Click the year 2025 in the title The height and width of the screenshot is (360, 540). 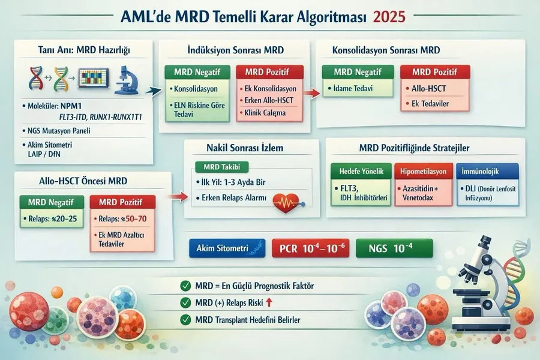pos(389,17)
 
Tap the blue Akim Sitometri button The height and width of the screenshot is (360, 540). pos(227,248)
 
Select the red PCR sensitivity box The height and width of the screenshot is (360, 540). pos(311,248)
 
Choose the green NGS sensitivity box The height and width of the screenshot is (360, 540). pos(394,248)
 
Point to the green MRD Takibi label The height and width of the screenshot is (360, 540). pos(222,167)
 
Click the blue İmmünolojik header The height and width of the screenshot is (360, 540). pos(488,171)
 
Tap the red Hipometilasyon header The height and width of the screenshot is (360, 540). pos(423,171)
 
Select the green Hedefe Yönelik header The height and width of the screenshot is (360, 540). pos(361,171)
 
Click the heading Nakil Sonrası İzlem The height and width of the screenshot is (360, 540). pos(245,148)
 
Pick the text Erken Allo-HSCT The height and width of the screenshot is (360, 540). pos(269,101)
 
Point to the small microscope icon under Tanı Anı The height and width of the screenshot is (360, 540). pos(127,80)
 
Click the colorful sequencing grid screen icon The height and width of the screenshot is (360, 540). pos(94,77)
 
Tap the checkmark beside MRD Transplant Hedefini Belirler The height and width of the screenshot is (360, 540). pos(185,320)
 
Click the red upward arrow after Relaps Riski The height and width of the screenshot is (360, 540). pos(269,302)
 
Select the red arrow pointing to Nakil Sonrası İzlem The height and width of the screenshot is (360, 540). pos(178,197)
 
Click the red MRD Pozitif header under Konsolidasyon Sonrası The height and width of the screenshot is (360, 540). pos(435,72)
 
